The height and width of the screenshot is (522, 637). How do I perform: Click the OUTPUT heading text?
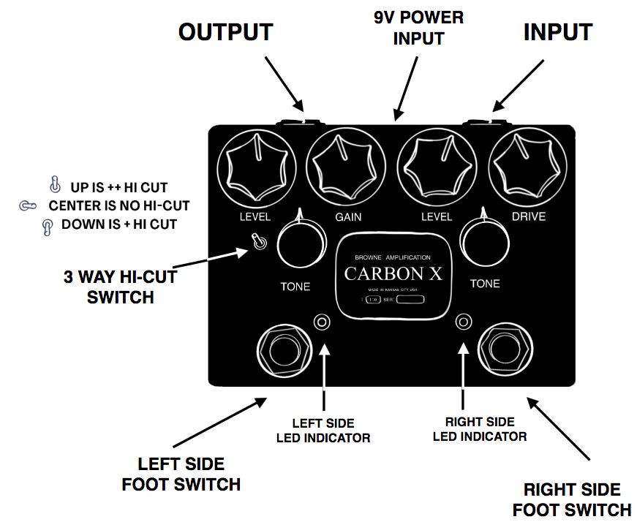point(226,32)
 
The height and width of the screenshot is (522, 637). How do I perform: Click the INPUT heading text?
point(557,32)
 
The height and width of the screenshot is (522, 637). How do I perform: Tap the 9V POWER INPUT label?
point(418,28)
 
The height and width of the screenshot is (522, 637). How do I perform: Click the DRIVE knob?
point(528,170)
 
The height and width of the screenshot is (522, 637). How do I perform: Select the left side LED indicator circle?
point(323,322)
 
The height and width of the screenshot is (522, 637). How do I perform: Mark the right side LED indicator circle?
point(463,322)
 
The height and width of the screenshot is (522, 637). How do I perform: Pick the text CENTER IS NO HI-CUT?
point(118,205)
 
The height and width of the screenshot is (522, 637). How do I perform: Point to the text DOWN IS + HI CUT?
point(118,224)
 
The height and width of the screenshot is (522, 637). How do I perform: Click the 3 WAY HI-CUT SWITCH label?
point(121,287)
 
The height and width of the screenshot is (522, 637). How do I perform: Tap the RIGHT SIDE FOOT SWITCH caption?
point(572,499)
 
